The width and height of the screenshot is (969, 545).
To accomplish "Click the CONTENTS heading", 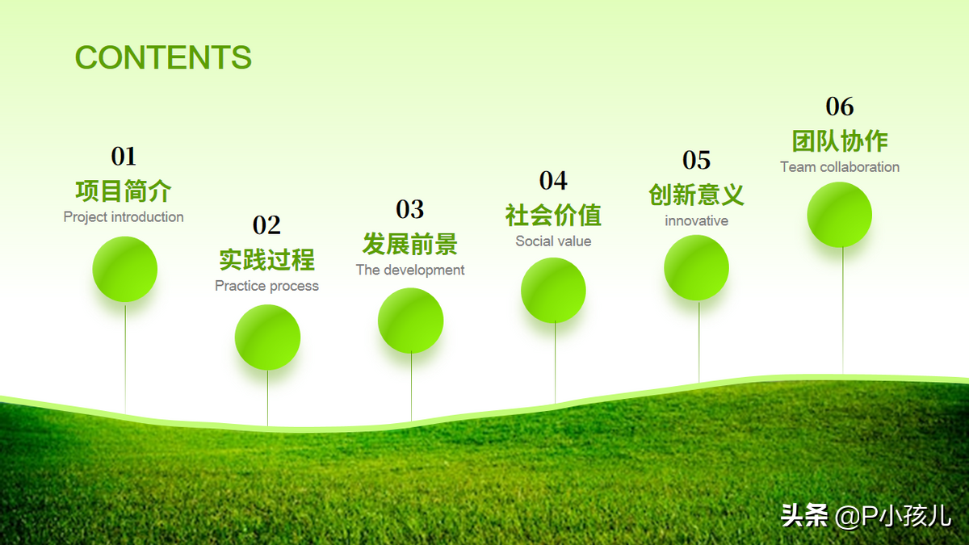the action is (x=163, y=57).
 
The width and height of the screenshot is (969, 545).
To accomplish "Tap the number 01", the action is (x=124, y=156).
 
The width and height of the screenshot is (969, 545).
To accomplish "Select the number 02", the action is (x=266, y=225).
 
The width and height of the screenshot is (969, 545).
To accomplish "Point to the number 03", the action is (x=409, y=209).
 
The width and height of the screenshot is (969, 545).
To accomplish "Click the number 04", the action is (x=553, y=180).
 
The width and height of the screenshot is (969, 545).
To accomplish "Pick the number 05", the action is (x=696, y=160).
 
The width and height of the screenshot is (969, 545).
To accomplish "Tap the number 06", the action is (x=840, y=107).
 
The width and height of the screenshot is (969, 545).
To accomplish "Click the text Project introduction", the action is (x=124, y=217).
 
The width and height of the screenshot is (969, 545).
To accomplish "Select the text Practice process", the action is (x=266, y=286).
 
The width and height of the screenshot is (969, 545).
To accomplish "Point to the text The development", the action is (x=410, y=270).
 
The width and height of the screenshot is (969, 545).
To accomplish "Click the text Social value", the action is (x=553, y=241).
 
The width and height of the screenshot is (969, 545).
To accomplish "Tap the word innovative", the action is (x=696, y=220).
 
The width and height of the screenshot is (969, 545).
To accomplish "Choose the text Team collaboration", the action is (x=840, y=167).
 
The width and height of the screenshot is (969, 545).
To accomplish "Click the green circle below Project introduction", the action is (x=124, y=269).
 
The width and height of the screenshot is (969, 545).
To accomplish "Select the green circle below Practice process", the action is (x=267, y=337).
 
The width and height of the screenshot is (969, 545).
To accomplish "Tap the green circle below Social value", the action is (x=553, y=290).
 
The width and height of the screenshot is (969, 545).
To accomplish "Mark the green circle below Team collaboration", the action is (x=839, y=215).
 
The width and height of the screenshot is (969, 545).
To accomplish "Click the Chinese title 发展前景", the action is (x=410, y=244).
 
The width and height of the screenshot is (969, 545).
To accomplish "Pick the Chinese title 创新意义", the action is (x=696, y=195).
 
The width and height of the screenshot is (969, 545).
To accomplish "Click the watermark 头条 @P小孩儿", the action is (x=866, y=516).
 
